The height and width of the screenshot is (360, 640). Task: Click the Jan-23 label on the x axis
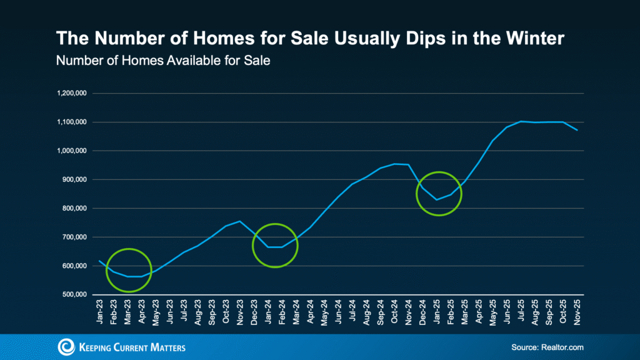coord(100,311)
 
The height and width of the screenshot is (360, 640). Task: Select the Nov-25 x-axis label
coord(579,311)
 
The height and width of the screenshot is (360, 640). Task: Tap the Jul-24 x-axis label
coord(354,311)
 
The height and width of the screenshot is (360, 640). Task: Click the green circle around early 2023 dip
coord(129,270)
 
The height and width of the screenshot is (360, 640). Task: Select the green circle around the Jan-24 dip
coord(275,245)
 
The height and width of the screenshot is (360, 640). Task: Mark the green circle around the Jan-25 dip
coord(439,194)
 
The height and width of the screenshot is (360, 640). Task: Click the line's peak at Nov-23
coord(240,221)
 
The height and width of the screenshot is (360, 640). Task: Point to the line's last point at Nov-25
coord(577,130)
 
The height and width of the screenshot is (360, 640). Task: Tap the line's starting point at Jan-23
coord(99,261)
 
